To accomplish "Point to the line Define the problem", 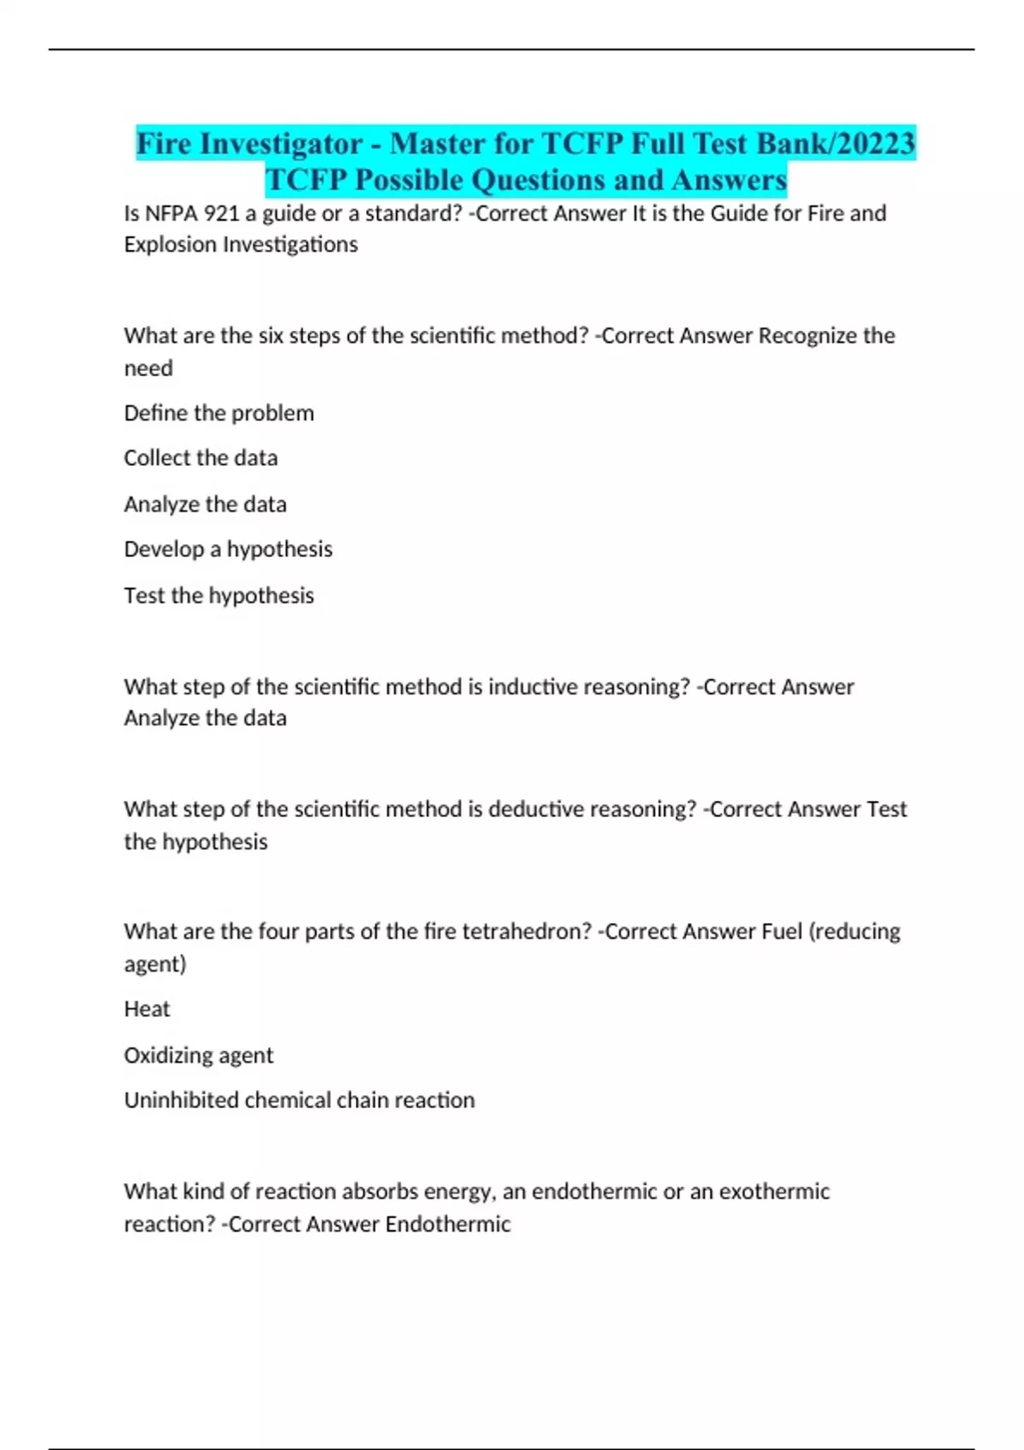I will pos(218,413).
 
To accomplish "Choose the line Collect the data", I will pos(201,458).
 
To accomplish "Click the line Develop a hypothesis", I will pos(228,549).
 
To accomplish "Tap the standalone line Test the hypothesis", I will pos(218,595).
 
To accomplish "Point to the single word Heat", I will pos(147,1009).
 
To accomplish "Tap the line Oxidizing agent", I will pos(198,1055).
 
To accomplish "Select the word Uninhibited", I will pos(181,1100).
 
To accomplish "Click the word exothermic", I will pos(774,1192).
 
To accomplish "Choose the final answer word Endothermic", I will pos(447,1224).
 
